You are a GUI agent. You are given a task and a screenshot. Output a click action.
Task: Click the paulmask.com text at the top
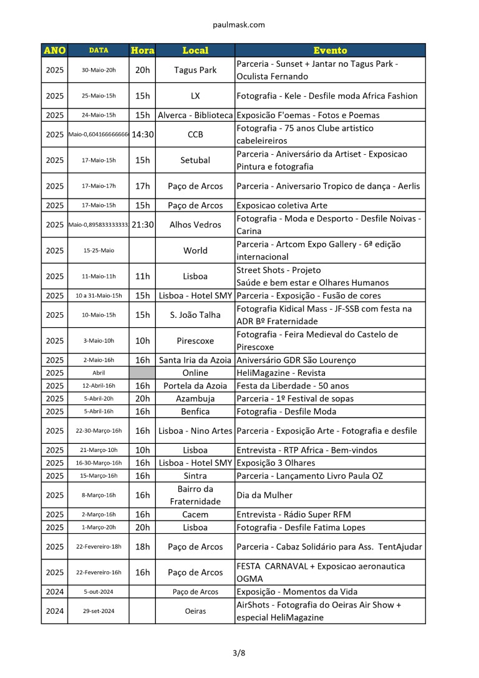coord(239,25)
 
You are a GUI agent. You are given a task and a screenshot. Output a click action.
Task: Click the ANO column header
coord(55,51)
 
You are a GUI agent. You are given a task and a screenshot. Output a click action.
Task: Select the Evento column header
coord(330,51)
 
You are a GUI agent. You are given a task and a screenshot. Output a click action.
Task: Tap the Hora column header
coord(142,51)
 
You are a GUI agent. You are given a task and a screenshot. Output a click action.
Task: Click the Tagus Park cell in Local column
coord(195,70)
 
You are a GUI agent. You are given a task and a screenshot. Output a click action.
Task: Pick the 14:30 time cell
coord(142,134)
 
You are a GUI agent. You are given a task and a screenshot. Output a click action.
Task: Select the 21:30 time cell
coord(142,225)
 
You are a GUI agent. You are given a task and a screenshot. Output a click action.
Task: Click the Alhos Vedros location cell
coord(195,225)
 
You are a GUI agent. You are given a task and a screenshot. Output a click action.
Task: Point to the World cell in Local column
coord(195,250)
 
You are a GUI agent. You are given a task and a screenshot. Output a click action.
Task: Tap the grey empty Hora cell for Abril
coord(142,373)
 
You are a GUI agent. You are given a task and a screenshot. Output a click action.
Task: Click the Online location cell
coord(195,373)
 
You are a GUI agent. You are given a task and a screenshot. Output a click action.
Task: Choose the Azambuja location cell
coord(195,398)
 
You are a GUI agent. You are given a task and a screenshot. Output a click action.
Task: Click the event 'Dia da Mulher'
coord(265,495)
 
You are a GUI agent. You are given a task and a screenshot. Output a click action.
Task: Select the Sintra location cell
coord(195,476)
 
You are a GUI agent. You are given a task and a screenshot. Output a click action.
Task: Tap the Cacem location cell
coord(195,514)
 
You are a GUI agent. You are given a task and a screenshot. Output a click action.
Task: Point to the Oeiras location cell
coord(195,611)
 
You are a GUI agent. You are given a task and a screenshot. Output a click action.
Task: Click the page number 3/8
coord(239,654)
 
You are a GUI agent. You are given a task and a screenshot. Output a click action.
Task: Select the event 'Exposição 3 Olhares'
coord(276,463)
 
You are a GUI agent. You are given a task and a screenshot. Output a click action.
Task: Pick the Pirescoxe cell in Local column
coord(195,341)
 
